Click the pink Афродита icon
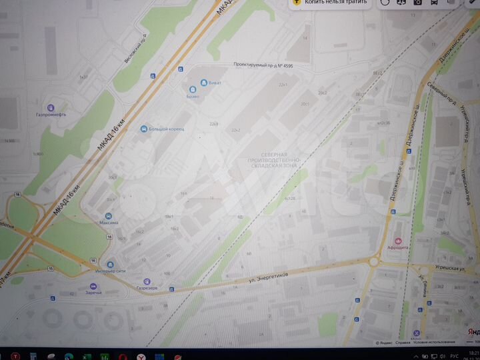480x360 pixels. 399,240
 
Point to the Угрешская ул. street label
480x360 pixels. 443,265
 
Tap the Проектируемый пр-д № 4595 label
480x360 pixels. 263,66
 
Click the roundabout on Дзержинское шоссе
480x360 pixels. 373,261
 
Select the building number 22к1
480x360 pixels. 283,85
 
